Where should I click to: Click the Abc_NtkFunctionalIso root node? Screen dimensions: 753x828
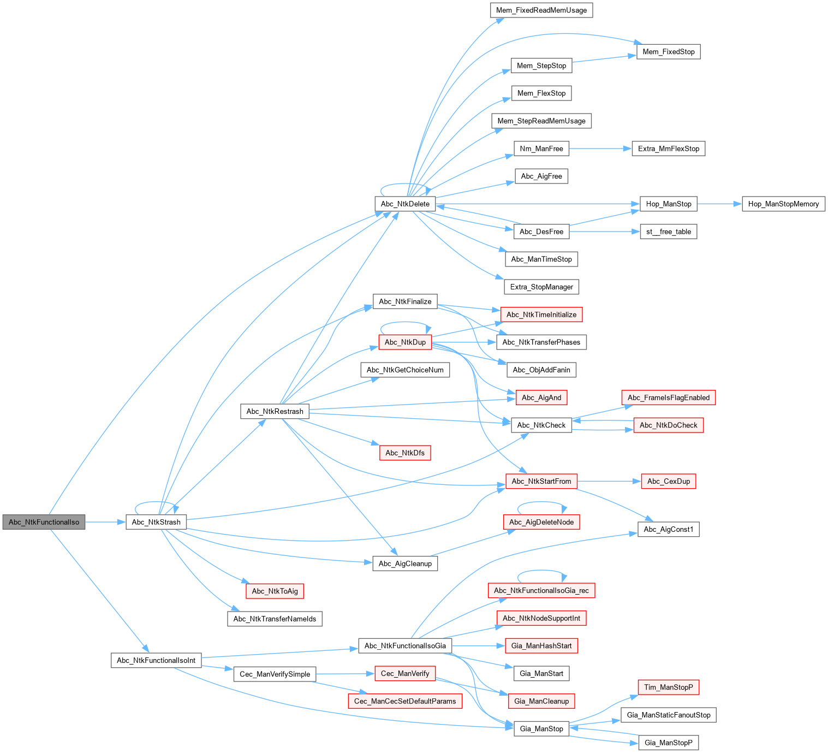44,522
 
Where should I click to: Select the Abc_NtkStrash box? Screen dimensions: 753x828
156,522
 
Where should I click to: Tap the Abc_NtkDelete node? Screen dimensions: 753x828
405,204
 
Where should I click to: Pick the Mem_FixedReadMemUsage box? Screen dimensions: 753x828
541,10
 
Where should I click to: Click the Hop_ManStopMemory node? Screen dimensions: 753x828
783,204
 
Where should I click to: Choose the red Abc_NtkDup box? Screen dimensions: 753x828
405,342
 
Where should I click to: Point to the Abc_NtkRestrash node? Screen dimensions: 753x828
275,411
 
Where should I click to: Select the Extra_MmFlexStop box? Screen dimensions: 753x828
669,149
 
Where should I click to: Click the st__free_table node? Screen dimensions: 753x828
669,232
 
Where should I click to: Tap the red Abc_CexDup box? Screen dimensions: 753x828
669,481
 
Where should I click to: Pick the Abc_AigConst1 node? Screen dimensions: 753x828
669,529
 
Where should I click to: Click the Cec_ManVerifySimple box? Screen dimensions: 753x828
275,674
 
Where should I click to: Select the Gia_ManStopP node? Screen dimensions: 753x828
669,743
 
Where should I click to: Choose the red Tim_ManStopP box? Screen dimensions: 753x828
669,687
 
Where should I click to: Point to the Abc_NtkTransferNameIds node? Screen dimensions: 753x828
275,619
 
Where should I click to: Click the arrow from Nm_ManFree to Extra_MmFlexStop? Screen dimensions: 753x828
600,149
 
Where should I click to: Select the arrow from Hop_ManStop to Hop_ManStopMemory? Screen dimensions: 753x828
719,204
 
